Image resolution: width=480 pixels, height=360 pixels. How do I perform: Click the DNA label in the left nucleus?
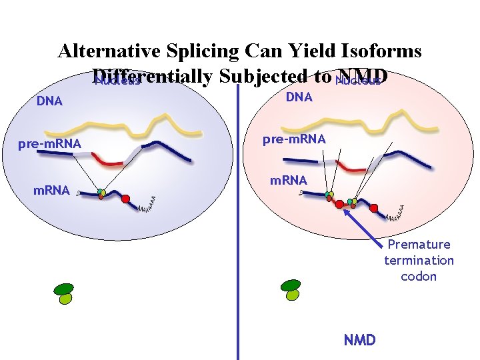click(x=49, y=101)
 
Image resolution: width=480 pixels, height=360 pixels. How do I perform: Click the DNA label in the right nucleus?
click(x=299, y=97)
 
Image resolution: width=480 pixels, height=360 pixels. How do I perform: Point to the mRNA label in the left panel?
click(x=51, y=191)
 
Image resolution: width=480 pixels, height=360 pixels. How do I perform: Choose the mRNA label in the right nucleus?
click(x=288, y=181)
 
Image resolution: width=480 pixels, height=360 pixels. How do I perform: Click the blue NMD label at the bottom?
click(x=359, y=340)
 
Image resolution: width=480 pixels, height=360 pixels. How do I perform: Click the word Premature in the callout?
click(x=419, y=245)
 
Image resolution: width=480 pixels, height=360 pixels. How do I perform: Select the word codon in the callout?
click(x=419, y=276)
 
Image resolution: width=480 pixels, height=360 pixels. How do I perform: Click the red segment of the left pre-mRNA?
click(x=108, y=159)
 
